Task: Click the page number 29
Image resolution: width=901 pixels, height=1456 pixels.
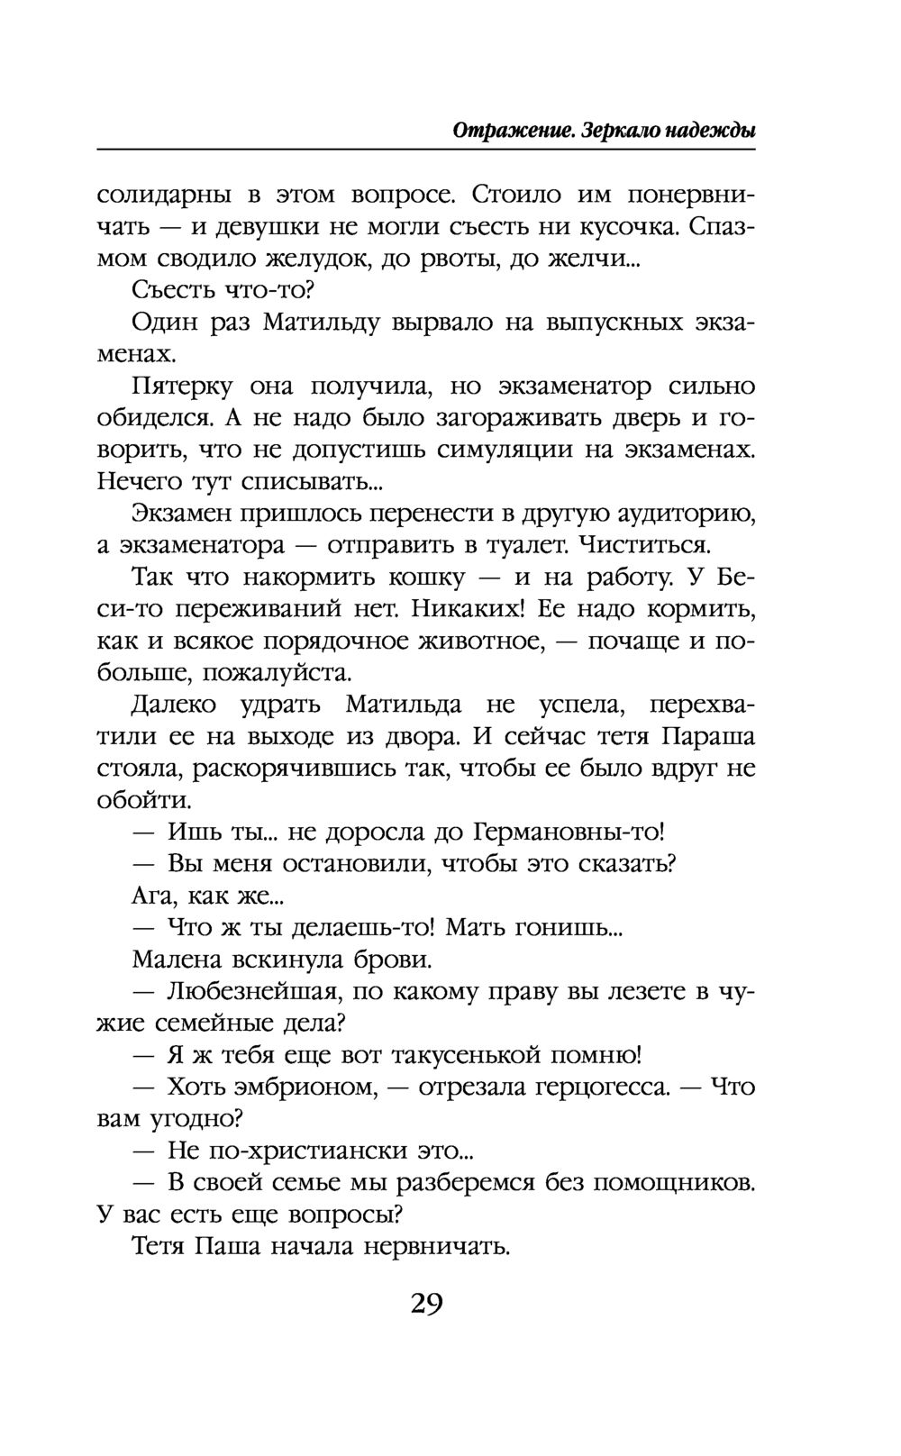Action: coord(426,1304)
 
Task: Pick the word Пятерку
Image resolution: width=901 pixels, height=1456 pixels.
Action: coord(183,387)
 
